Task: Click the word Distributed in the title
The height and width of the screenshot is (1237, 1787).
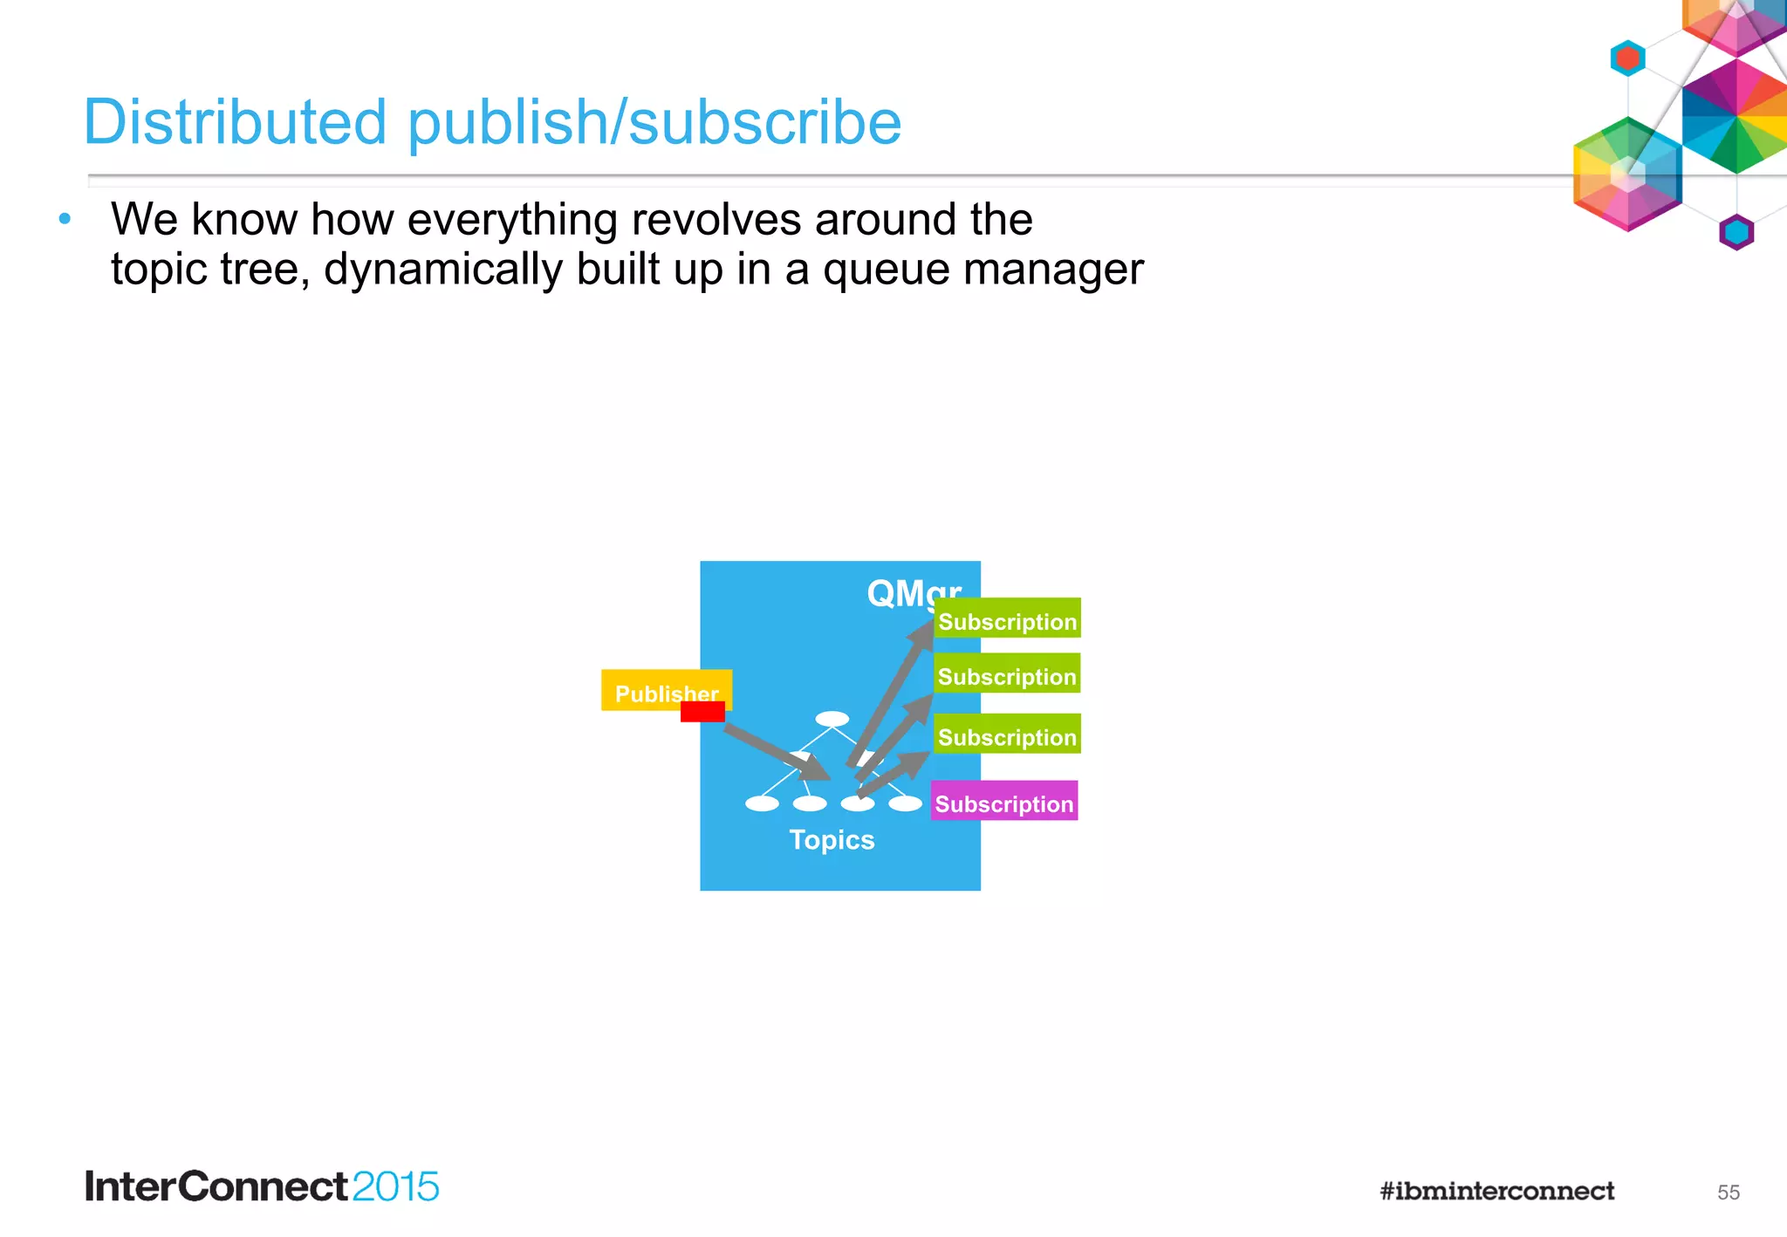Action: point(235,122)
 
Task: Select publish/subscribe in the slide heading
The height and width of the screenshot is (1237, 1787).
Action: point(654,122)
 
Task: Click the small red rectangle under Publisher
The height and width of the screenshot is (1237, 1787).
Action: point(702,712)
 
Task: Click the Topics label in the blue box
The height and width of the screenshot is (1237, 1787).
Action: point(832,840)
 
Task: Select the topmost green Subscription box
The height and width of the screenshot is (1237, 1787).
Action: point(1007,618)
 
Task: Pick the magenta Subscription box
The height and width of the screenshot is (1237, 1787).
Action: point(1004,801)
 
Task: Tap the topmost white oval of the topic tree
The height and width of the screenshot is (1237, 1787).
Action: point(832,719)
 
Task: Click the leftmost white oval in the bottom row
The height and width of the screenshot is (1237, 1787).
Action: point(762,803)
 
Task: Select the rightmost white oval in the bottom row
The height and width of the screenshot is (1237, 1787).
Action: point(905,803)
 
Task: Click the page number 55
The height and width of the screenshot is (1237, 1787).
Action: point(1728,1193)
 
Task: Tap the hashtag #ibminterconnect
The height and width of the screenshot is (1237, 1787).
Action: point(1496,1192)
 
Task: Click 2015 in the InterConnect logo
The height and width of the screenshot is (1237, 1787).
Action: point(395,1187)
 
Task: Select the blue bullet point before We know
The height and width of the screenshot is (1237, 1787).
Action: point(65,219)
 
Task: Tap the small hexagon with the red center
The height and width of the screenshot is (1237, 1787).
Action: point(1627,58)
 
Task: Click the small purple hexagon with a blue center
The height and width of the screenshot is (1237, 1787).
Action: point(1736,232)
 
